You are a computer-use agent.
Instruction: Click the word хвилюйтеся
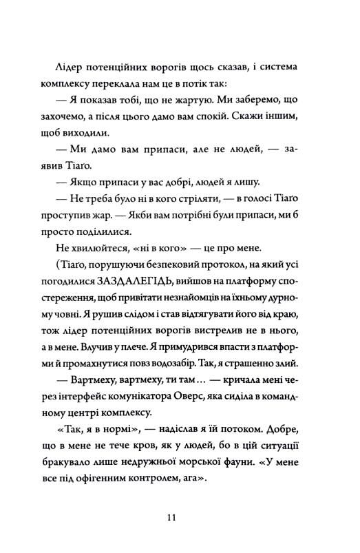[x=85, y=245]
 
